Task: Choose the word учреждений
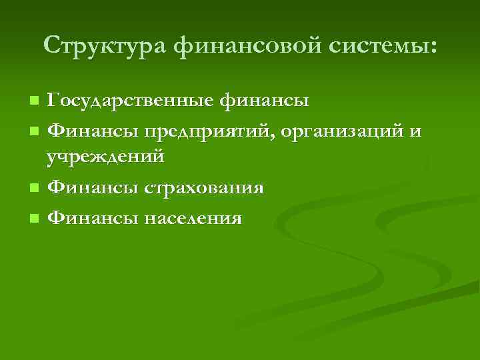tap(105, 159)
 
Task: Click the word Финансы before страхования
tap(87, 188)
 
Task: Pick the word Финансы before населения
tap(87, 217)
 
